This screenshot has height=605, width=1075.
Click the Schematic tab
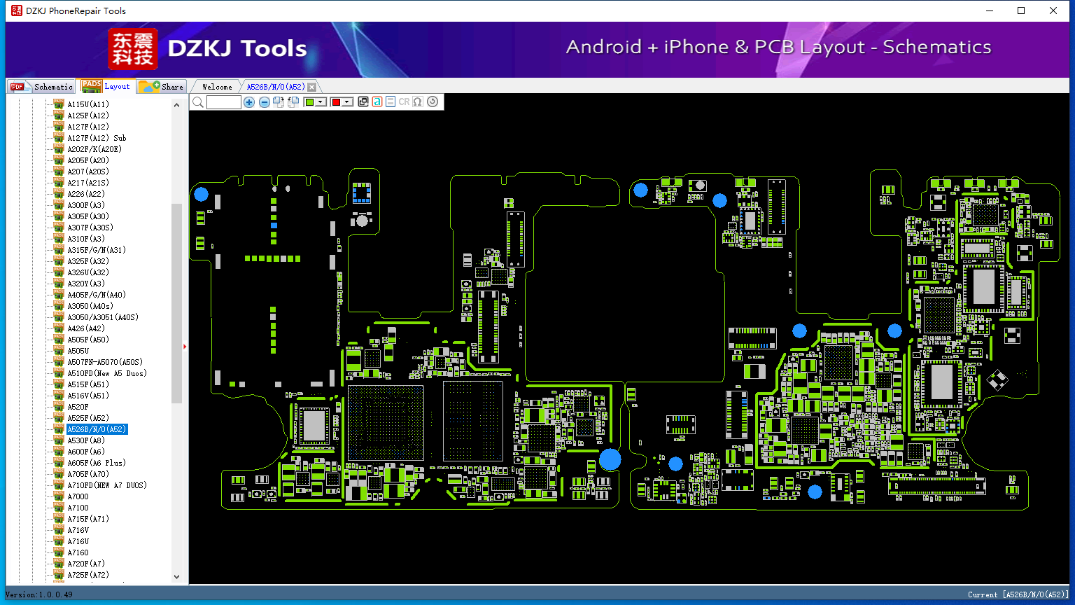pyautogui.click(x=42, y=86)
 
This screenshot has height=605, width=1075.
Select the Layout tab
pyautogui.click(x=106, y=86)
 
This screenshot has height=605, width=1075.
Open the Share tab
pyautogui.click(x=162, y=86)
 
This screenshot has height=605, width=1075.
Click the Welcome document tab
pyautogui.click(x=217, y=87)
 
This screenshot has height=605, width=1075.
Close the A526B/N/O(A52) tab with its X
pyautogui.click(x=312, y=87)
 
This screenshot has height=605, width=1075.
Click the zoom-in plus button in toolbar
pyautogui.click(x=248, y=102)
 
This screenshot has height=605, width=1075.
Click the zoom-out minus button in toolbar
pyautogui.click(x=264, y=102)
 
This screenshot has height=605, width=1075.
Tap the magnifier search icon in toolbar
pyautogui.click(x=198, y=102)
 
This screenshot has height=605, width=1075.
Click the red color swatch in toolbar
pyautogui.click(x=337, y=102)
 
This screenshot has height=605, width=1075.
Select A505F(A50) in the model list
pyautogui.click(x=88, y=340)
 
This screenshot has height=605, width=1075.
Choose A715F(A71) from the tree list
pyautogui.click(x=88, y=519)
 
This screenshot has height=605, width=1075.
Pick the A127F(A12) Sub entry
pyautogui.click(x=97, y=138)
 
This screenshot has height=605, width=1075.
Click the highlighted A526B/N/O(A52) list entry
pyautogui.click(x=97, y=429)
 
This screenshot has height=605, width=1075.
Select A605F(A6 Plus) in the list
pyautogui.click(x=97, y=463)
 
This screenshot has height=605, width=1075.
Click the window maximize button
pyautogui.click(x=1021, y=11)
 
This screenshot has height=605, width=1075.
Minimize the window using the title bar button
pyautogui.click(x=990, y=11)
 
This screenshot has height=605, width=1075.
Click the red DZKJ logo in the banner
pyautogui.click(x=132, y=48)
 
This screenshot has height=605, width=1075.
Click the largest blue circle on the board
pyautogui.click(x=610, y=459)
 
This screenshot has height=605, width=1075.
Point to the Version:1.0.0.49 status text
pyautogui.click(x=39, y=594)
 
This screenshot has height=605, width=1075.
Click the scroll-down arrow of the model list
pyautogui.click(x=176, y=577)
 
